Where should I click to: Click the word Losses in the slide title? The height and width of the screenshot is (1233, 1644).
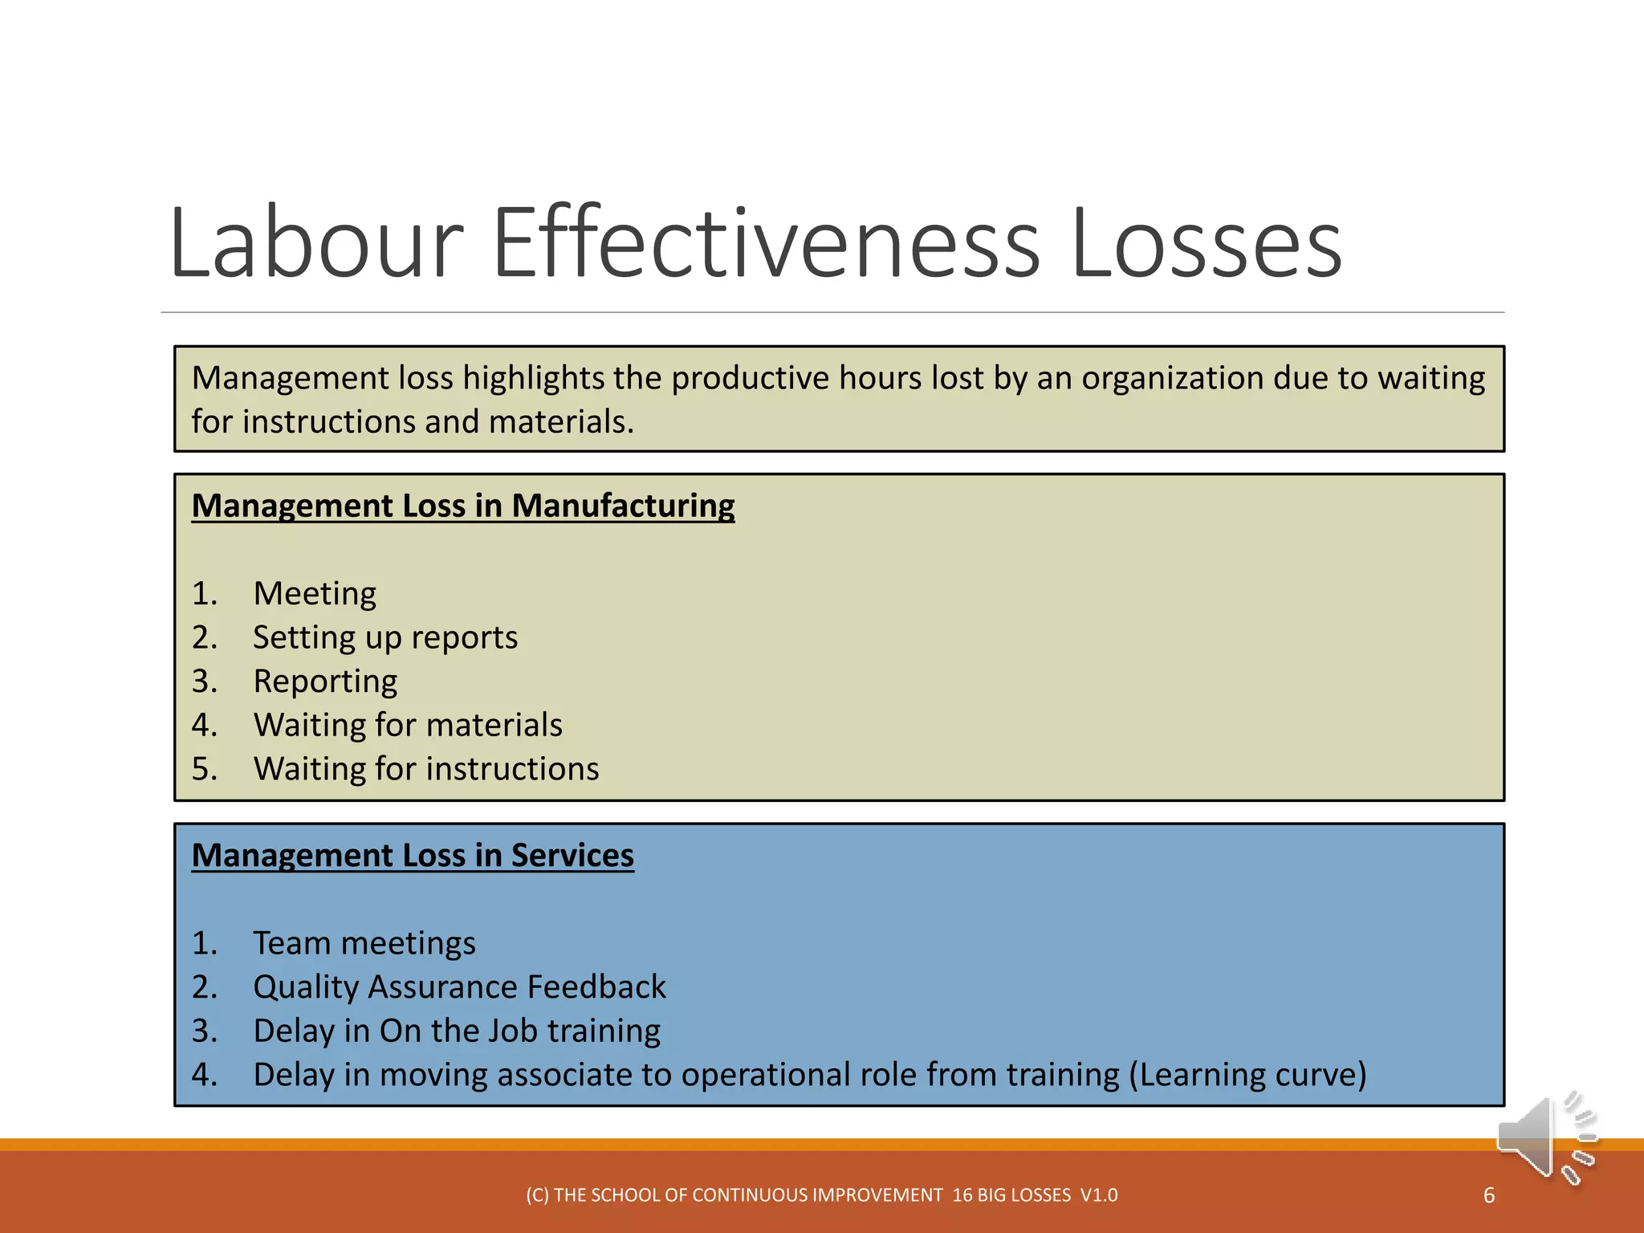pos(1206,243)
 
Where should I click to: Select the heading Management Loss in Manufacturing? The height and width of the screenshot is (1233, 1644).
pos(462,506)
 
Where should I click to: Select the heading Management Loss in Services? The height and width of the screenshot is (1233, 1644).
pos(413,856)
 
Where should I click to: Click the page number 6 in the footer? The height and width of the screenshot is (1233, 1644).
pos(1489,1195)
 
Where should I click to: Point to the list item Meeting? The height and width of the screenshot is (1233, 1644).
pos(315,594)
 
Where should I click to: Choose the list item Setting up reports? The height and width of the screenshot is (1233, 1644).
pos(385,638)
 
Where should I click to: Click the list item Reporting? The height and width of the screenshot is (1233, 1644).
pos(325,682)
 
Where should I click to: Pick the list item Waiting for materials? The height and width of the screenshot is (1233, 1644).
pos(408,725)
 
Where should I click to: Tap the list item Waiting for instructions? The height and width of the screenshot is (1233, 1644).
pos(426,769)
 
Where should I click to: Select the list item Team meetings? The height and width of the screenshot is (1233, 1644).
pos(364,943)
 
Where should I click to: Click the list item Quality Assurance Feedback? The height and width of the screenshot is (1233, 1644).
pos(459,987)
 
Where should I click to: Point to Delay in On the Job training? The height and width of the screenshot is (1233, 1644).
pos(457,1032)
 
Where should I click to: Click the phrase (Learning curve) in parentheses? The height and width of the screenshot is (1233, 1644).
pos(1247,1075)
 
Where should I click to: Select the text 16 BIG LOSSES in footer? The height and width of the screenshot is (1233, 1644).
pos(1011,1195)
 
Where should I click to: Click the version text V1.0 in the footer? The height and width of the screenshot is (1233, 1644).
pos(1099,1195)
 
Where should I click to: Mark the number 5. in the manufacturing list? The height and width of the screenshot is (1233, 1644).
pos(204,769)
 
